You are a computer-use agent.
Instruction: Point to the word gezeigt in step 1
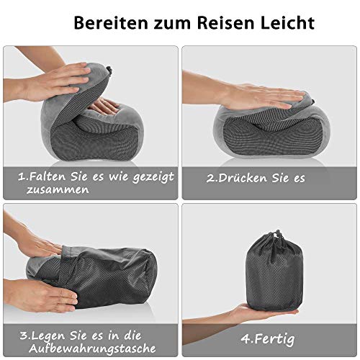pos(153,178)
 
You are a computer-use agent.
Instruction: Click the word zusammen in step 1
pos(58,190)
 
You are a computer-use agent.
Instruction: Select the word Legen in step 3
pos(48,336)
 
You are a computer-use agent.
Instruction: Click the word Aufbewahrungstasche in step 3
pos(92,348)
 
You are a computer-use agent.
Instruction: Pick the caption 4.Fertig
pos(268,339)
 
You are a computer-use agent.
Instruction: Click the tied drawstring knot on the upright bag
pos(279,236)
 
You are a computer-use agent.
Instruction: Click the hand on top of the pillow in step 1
pos(56,81)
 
